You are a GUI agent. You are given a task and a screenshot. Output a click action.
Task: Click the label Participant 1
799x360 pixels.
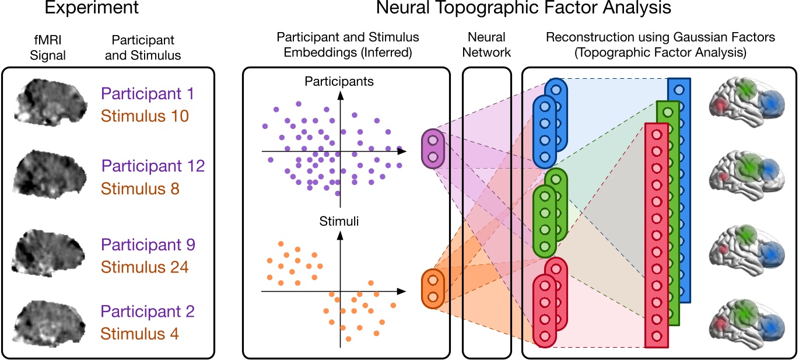coord(148,93)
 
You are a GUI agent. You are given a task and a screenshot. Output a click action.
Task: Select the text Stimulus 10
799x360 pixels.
coord(145,116)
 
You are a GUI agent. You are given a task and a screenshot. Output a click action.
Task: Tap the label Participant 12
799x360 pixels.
coord(153,166)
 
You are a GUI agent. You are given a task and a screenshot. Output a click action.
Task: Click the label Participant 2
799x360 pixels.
coord(148,311)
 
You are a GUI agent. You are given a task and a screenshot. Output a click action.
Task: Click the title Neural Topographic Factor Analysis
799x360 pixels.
coord(516,9)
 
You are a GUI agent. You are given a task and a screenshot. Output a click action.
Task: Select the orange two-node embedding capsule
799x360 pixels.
coord(433,288)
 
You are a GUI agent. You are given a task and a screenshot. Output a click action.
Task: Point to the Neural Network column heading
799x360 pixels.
coord(487,45)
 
